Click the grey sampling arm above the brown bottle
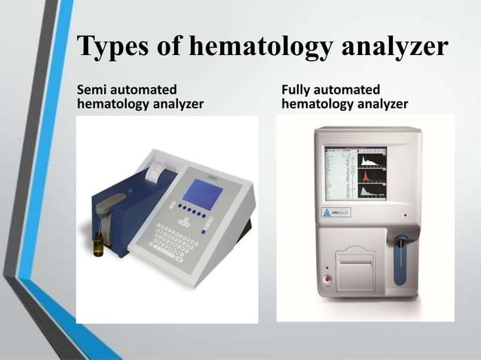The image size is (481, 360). [105, 203]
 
